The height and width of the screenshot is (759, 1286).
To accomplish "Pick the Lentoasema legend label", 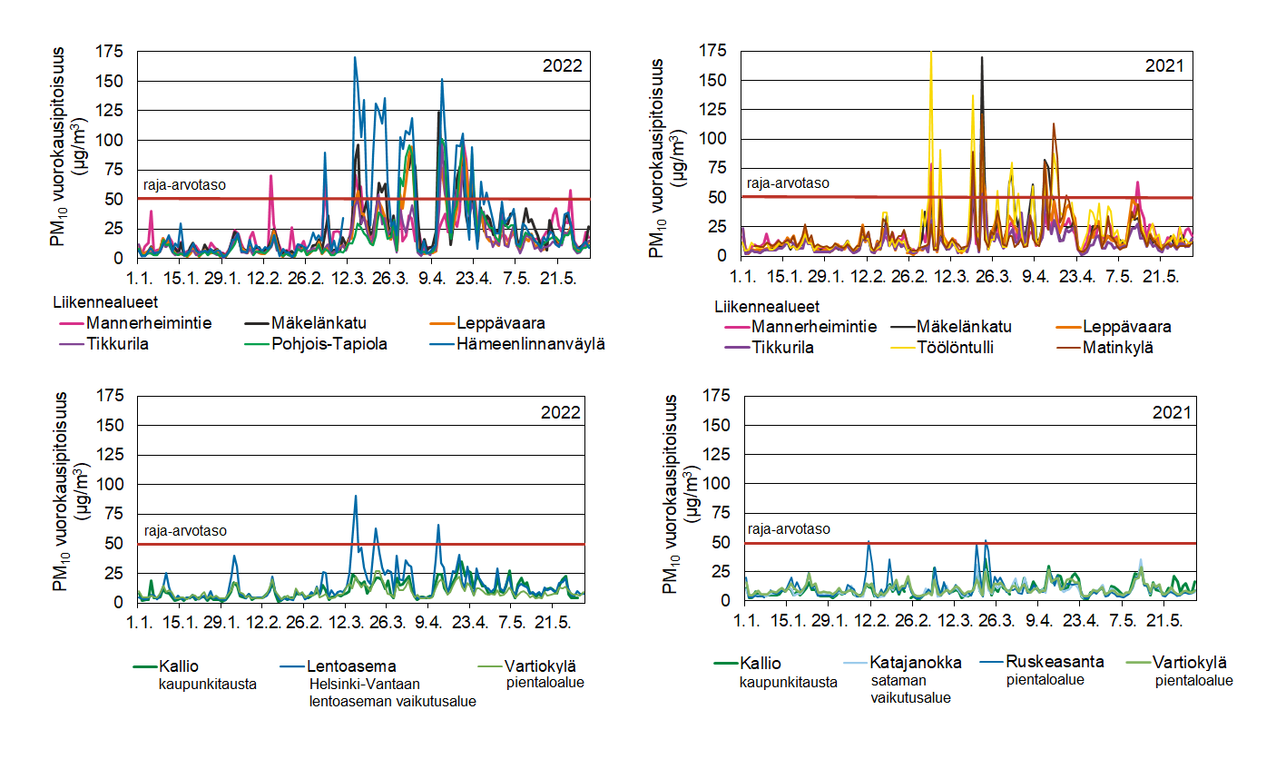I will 352,665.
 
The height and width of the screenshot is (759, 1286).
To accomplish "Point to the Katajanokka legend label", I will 916,662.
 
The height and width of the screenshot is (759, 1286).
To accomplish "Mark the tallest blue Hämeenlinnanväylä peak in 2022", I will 355,58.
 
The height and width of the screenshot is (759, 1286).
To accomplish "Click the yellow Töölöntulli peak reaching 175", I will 931,53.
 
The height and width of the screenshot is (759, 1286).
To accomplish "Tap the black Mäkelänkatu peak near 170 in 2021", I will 982,58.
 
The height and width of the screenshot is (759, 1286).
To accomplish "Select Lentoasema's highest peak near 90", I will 355,496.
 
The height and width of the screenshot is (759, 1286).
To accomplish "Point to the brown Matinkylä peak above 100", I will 1054,124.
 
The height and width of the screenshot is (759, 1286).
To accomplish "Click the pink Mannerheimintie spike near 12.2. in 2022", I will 270,176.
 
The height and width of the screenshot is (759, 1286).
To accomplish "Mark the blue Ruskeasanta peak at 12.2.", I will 869,542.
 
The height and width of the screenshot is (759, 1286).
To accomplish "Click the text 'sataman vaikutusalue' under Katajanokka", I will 910,689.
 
